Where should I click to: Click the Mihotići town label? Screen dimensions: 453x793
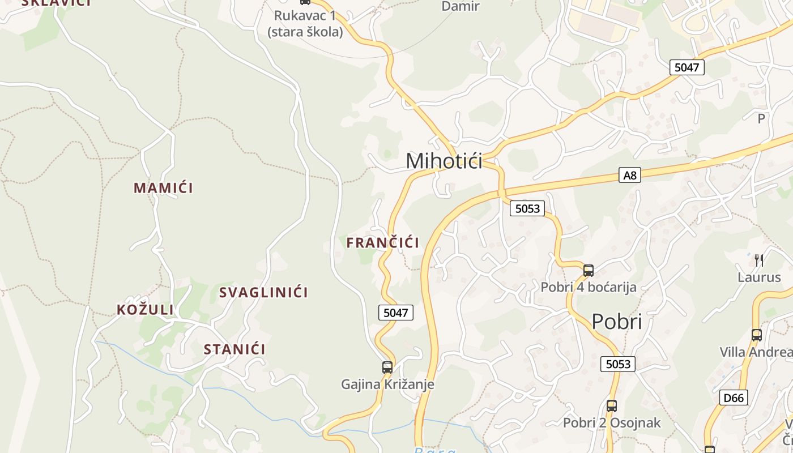(444, 161)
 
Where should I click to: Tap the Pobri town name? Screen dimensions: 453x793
(617, 322)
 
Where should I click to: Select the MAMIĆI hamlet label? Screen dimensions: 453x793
(163, 188)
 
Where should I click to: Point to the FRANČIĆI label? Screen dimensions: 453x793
(383, 243)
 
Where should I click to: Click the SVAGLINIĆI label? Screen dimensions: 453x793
(263, 293)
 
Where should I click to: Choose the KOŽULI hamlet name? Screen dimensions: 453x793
(145, 310)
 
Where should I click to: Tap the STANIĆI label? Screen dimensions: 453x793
(235, 349)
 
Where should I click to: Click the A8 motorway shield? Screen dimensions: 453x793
(630, 176)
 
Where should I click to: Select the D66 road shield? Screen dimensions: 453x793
(734, 398)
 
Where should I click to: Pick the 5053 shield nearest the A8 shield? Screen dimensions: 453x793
(527, 208)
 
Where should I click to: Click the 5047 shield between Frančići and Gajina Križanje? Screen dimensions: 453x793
(396, 312)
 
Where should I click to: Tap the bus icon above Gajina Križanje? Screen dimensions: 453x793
(387, 367)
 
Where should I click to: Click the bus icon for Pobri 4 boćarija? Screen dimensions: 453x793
(589, 271)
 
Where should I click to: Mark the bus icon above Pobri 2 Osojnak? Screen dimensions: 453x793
(612, 406)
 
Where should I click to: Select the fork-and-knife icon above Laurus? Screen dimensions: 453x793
(759, 260)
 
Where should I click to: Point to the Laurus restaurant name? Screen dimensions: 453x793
(759, 277)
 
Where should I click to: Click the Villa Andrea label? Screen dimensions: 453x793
(756, 352)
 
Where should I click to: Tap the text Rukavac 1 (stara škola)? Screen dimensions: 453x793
(305, 24)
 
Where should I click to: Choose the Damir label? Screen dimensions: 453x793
(460, 7)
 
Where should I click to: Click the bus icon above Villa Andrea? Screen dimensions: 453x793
(757, 335)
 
